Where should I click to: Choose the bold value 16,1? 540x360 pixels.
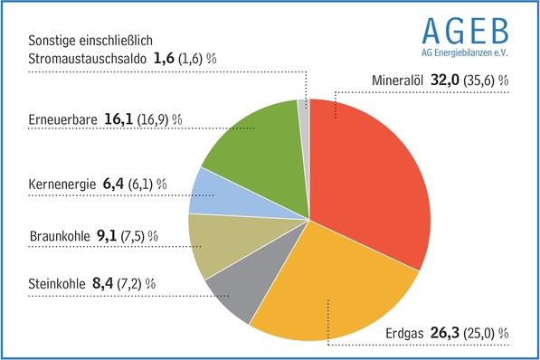tap(116, 118)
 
